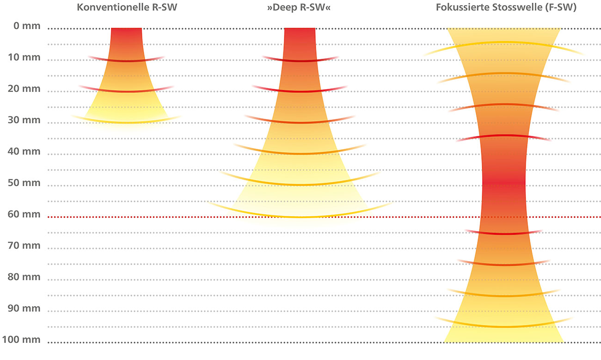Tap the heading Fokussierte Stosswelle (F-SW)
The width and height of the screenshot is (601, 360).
505,8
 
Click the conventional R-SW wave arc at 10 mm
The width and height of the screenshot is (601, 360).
126,61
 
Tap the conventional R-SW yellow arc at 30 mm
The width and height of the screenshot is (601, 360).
126,122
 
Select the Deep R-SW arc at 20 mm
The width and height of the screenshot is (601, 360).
300,92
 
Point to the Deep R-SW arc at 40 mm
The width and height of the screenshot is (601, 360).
300,153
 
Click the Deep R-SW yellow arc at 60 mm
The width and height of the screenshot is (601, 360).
300,216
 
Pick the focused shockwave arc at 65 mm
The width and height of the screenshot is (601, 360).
503,234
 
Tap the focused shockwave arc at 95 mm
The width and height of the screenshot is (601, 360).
503,326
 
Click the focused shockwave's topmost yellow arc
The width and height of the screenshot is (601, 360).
503,43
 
